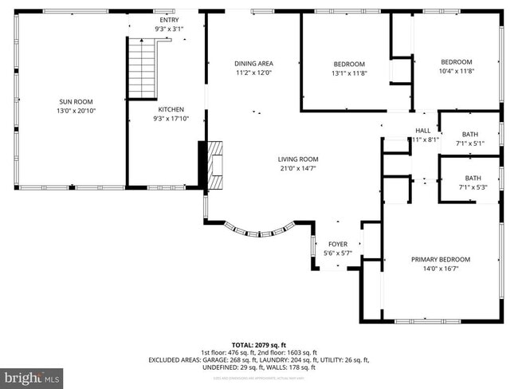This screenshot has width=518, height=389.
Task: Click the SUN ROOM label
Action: (70, 102)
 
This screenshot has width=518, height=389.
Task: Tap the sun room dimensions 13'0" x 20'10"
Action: (70, 112)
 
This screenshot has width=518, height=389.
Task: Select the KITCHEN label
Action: (171, 109)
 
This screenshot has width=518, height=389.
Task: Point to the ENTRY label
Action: (169, 20)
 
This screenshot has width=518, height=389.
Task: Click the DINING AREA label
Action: (253, 64)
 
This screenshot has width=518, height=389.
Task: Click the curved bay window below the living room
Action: (257, 230)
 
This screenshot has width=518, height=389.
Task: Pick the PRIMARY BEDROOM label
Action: (440, 260)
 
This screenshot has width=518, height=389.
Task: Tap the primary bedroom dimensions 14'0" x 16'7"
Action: (440, 269)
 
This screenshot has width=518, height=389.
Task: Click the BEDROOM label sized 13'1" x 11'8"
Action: (348, 64)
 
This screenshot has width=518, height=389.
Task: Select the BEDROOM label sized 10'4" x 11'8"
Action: (457, 62)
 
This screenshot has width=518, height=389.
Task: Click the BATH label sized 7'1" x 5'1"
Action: (471, 134)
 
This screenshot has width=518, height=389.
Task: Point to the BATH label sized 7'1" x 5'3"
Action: (473, 179)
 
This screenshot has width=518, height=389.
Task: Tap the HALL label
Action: (422, 131)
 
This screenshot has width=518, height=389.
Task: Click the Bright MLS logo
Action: (32, 376)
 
